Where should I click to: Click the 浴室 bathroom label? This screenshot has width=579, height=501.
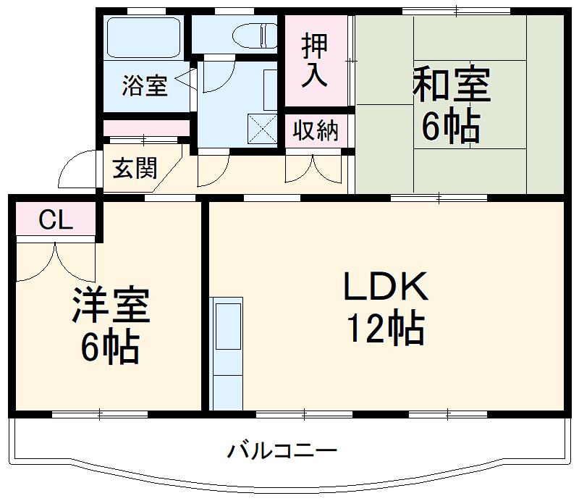[x=145, y=85]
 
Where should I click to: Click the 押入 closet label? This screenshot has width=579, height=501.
[x=315, y=61]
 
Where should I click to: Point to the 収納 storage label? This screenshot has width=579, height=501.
[x=316, y=131]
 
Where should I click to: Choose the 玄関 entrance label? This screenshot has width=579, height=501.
[x=135, y=168]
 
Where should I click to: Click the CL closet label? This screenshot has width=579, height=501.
[x=56, y=220]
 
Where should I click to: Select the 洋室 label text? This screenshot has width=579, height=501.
[x=111, y=306]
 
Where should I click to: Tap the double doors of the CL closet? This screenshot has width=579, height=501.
[x=56, y=261]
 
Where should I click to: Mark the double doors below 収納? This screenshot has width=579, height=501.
[x=313, y=168]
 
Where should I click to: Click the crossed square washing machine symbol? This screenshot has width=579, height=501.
[x=262, y=129]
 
